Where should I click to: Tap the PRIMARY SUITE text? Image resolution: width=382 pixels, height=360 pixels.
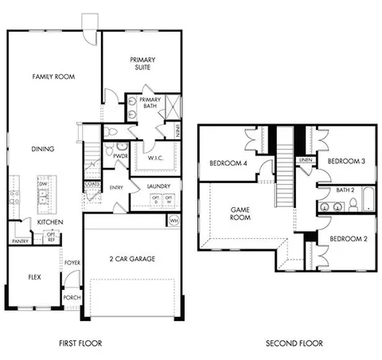pos(143,64)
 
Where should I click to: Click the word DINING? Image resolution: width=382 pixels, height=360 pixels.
pos(42,148)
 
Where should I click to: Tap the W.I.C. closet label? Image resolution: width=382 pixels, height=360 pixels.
pos(156,158)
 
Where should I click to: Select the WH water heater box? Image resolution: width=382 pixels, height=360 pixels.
pos(174,219)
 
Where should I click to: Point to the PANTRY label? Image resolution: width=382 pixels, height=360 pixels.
pos(20,241)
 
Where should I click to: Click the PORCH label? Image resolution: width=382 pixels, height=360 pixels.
pos(72,297)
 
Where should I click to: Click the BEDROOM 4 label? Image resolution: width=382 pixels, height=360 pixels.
pos(228,163)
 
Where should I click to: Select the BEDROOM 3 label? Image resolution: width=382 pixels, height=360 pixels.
pos(347,160)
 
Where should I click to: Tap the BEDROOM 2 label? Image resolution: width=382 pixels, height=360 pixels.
pos(348,238)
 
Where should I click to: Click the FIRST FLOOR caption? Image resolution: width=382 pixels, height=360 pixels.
pos(81,343)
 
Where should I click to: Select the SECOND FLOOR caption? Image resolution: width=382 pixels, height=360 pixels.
pos(294,343)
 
